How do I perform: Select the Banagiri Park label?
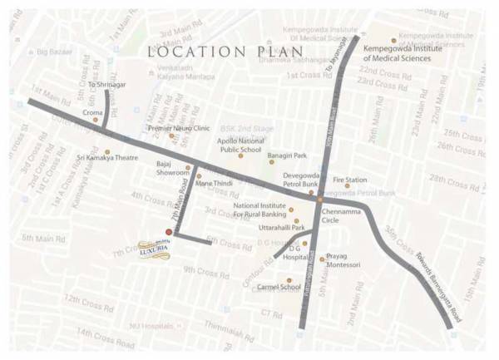[x=287, y=155]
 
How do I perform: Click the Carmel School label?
[x=279, y=288]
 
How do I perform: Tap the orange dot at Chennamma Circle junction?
[x=319, y=200]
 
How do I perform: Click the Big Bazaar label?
[x=54, y=52]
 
